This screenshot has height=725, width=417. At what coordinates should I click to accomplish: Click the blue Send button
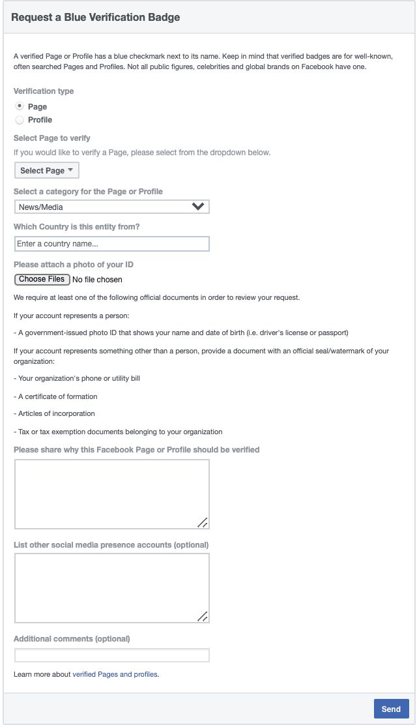pyautogui.click(x=391, y=709)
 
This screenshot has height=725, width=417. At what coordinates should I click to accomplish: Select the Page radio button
pyautogui.click(x=20, y=106)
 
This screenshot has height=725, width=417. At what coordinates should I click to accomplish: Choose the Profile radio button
pyautogui.click(x=20, y=120)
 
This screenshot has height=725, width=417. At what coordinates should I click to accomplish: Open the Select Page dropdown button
pyautogui.click(x=46, y=171)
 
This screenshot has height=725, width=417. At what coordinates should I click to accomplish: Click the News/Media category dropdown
pyautogui.click(x=111, y=207)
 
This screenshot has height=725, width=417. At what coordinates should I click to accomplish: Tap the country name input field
pyautogui.click(x=111, y=244)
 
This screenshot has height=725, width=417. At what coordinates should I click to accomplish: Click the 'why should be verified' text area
pyautogui.click(x=111, y=494)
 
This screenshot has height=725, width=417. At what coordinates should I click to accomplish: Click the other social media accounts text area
pyautogui.click(x=111, y=588)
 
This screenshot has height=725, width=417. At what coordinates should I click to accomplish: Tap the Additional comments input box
pyautogui.click(x=111, y=655)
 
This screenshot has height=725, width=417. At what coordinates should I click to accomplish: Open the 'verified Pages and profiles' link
pyautogui.click(x=115, y=674)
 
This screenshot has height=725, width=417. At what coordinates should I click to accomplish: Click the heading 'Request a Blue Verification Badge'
pyautogui.click(x=95, y=18)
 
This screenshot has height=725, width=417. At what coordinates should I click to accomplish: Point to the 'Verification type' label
pyautogui.click(x=44, y=91)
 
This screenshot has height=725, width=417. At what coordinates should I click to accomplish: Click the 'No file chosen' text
pyautogui.click(x=97, y=280)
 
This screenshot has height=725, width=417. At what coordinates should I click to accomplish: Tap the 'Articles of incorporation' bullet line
pyautogui.click(x=57, y=413)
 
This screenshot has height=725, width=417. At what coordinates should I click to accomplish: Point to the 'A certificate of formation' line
pyautogui.click(x=57, y=396)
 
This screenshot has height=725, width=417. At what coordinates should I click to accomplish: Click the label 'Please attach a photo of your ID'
pyautogui.click(x=73, y=265)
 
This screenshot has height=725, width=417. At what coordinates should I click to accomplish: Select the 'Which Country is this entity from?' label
pyautogui.click(x=77, y=227)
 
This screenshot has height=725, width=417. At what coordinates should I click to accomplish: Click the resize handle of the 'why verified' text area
pyautogui.click(x=203, y=522)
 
